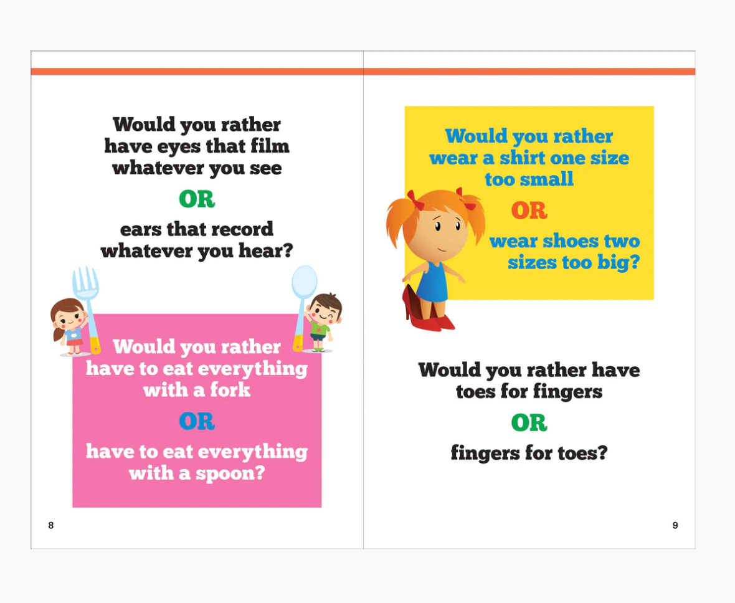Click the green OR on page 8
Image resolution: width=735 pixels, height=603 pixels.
point(197,199)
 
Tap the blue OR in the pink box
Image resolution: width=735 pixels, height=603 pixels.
point(197,421)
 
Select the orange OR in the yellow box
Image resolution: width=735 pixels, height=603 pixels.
point(529,211)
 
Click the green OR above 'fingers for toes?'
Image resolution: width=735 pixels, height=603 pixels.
point(529,422)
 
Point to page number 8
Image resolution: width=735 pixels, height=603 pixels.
point(51,525)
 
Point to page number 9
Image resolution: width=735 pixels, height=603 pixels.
point(675,525)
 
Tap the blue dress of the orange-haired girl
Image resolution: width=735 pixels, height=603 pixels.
point(432,282)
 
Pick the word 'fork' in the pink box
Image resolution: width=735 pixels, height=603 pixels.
point(230,390)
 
